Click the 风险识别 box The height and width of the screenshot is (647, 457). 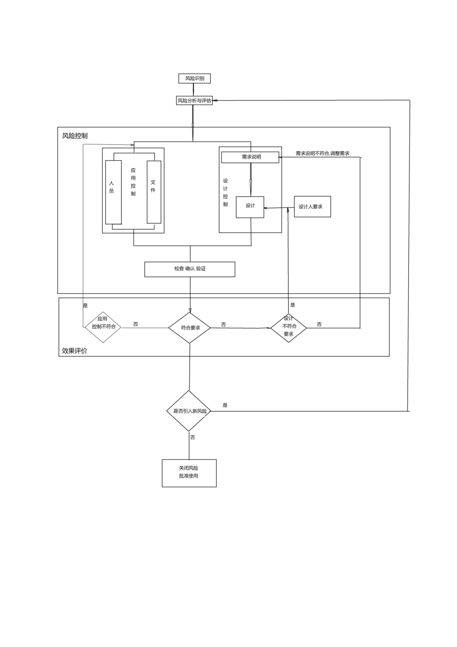194,78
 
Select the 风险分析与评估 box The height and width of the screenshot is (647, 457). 194,101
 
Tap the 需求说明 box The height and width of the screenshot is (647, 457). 250,157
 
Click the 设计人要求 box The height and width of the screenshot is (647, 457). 312,207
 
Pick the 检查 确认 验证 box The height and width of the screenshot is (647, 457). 190,269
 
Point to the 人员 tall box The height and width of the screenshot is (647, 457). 113,192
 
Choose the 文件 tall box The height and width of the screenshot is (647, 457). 154,192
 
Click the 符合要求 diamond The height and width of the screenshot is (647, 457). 190,328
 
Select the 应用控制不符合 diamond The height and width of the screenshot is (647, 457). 103,327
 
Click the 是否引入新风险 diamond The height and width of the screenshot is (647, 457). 189,411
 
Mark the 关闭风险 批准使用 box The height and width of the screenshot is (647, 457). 189,473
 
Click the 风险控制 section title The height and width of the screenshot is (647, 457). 75,136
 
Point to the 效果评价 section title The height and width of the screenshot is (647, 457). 75,351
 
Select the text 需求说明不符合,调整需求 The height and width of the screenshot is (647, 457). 322,154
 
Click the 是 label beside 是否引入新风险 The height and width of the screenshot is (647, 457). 225,405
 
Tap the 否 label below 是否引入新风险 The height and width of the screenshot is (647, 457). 192,438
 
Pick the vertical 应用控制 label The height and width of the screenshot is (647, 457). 133,182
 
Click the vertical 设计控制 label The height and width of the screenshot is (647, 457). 225,193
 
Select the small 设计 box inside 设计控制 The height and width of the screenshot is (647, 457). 250,207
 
